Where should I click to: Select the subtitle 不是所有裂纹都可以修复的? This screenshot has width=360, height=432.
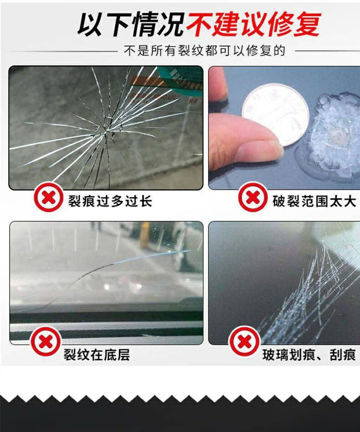click(x=205, y=51)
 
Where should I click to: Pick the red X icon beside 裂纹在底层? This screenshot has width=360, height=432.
click(x=46, y=341)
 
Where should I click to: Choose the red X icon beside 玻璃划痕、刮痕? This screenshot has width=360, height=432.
click(x=244, y=342)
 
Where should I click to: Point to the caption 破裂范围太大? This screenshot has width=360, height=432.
click(x=314, y=201)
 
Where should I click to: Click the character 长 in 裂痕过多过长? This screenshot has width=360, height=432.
click(x=145, y=201)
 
